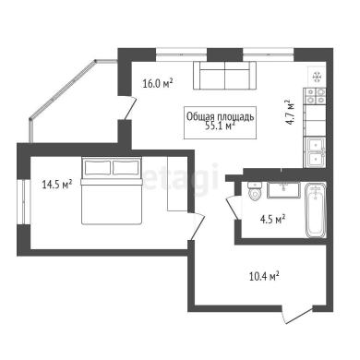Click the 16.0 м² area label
coord(158,83)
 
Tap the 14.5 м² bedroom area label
coord(57,185)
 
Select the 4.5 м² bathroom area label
coord(272,220)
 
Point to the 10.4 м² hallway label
coord(264,276)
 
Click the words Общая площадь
coord(221,116)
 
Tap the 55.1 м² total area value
coord(221,126)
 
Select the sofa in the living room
coord(224,76)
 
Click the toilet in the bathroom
coord(255,191)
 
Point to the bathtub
coord(315,210)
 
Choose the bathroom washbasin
coord(283,190)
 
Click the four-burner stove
coord(315,96)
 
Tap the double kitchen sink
coord(315,152)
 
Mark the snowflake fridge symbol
coord(318,76)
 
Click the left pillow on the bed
coord(97,168)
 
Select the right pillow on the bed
coord(126,168)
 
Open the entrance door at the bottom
coord(297,314)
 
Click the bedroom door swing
coord(197,226)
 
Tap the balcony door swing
coord(130,107)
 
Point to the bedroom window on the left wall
coord(24,201)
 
